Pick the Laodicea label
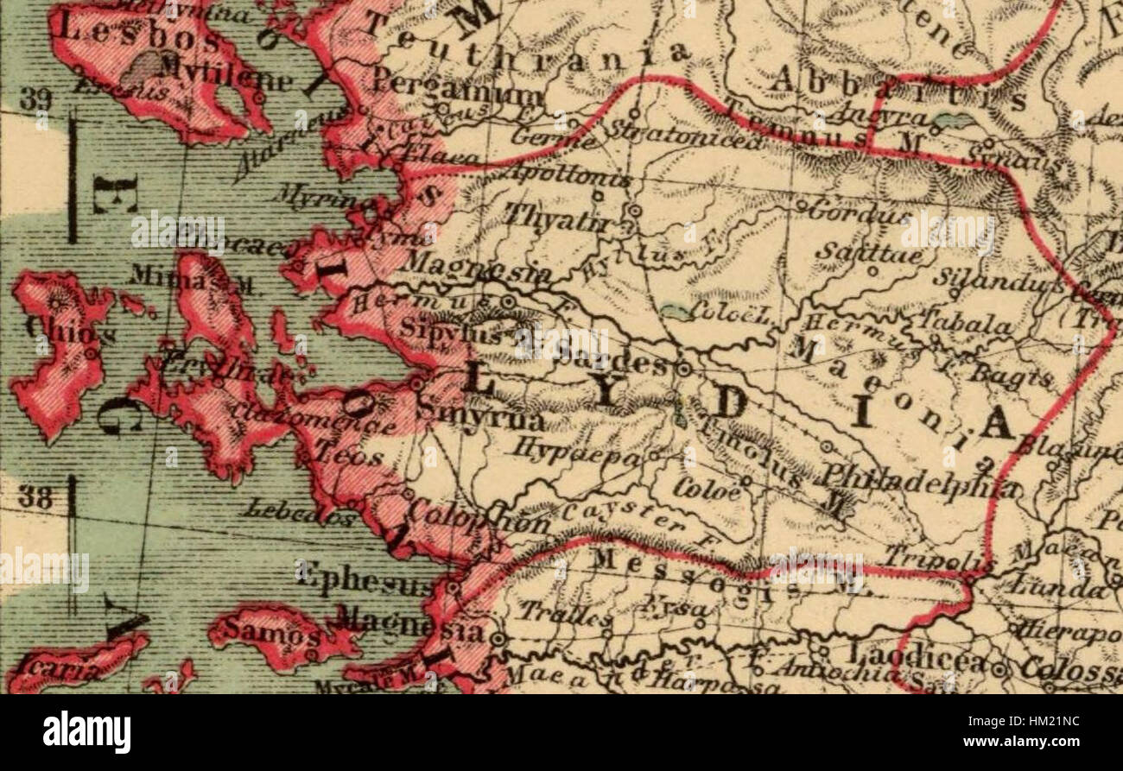pos(916,661)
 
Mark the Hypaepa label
pos(580,452)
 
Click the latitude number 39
pos(35,100)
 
